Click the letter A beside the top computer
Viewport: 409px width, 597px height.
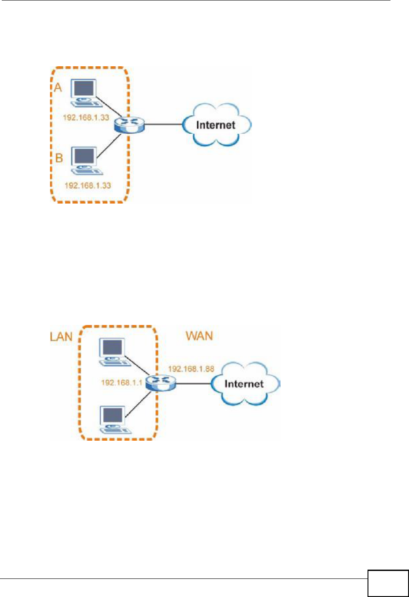coord(58,87)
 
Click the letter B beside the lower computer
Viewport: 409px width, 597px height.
coord(59,158)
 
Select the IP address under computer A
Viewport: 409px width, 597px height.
coord(86,117)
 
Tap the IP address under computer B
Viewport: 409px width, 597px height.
coord(88,185)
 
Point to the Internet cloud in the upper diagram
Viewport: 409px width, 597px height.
coord(217,125)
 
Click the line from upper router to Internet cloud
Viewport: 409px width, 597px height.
coord(163,124)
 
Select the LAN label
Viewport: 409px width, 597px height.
coord(61,336)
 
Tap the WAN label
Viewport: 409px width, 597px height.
coord(199,336)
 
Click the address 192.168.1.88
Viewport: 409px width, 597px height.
coord(191,369)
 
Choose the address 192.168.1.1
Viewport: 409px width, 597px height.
coord(122,383)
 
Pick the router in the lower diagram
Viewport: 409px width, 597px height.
coord(161,383)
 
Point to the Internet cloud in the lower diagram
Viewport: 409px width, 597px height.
coord(245,384)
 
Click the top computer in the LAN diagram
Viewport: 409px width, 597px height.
coord(115,352)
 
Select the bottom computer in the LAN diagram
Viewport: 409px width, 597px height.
coord(115,420)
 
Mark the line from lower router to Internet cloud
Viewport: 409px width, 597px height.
coord(194,384)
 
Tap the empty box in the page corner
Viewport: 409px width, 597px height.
coord(388,583)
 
